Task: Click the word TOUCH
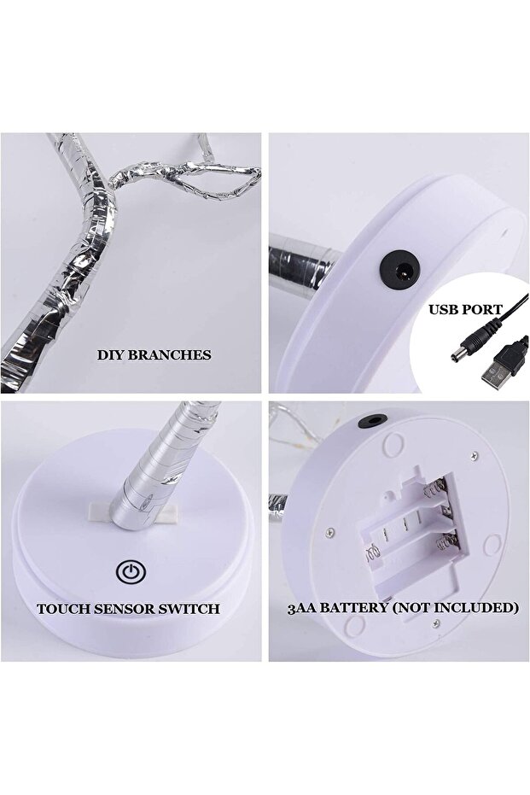[x=64, y=609]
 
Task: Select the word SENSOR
[x=131, y=609]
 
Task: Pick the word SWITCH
[x=193, y=609]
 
